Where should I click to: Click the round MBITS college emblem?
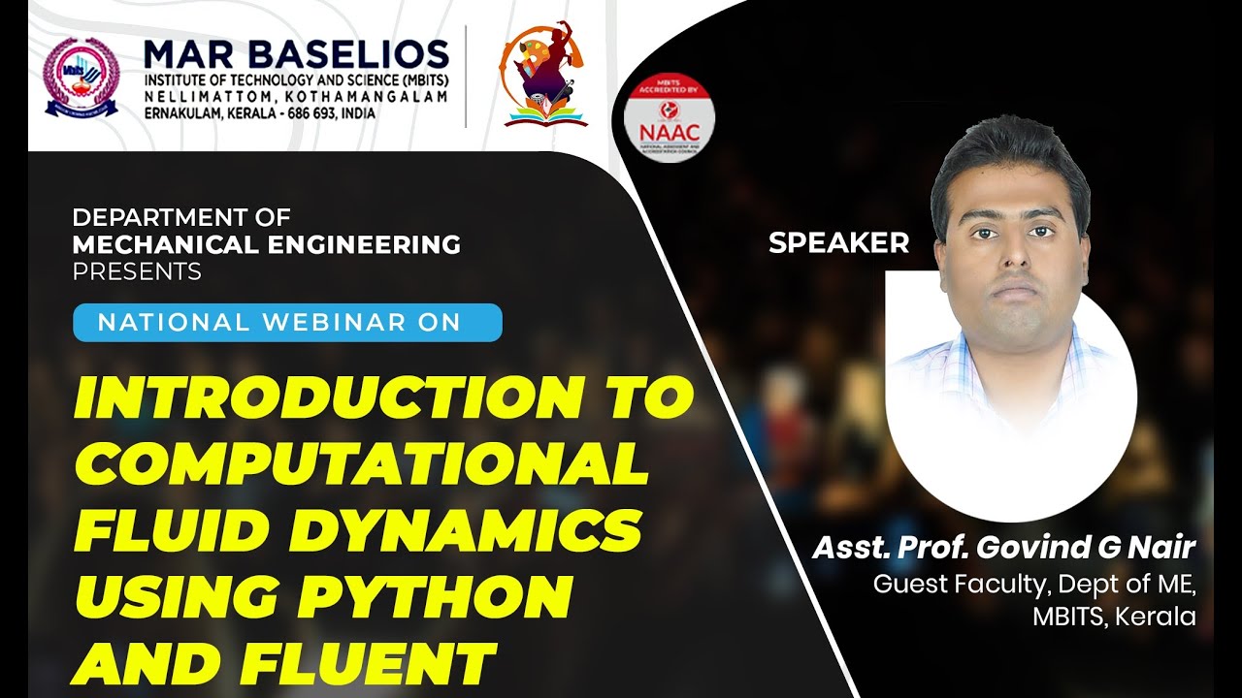[x=82, y=77]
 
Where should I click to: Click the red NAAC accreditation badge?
[x=669, y=118]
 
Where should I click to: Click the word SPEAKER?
[x=838, y=243]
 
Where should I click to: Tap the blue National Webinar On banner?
[x=287, y=323]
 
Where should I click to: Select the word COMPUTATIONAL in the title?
[x=361, y=465]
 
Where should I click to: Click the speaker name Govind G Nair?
[x=1086, y=548]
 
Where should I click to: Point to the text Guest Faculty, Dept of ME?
[x=1034, y=585]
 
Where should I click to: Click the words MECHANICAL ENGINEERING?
[x=267, y=245]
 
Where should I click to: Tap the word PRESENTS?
[x=137, y=271]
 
